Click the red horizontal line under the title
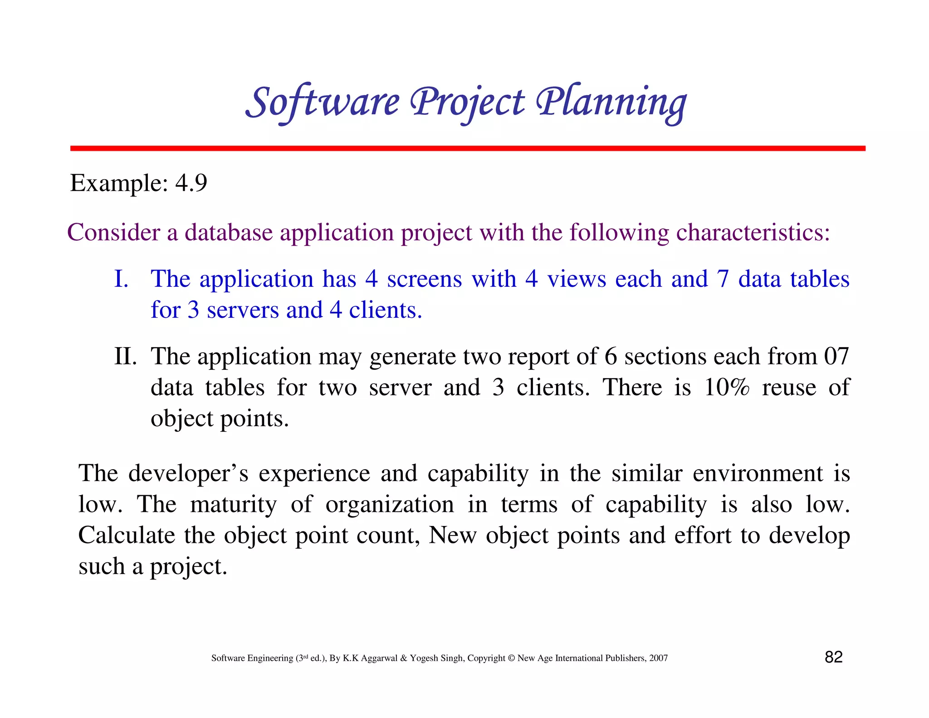[467, 148]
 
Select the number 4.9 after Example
[191, 183]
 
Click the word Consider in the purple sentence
[113, 232]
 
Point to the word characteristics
[753, 232]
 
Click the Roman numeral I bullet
[121, 279]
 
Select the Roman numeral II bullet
[125, 356]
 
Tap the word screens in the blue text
[424, 279]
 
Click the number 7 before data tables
[723, 279]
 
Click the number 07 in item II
[836, 356]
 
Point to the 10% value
[726, 387]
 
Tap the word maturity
[233, 504]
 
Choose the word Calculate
[127, 535]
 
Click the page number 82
[833, 657]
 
